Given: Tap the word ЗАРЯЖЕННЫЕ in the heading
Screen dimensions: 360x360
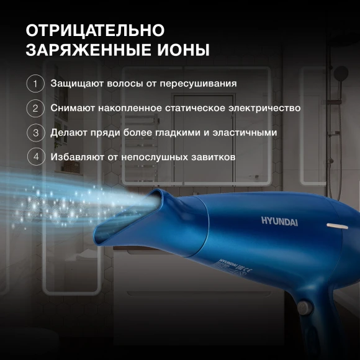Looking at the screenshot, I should click(x=86, y=50).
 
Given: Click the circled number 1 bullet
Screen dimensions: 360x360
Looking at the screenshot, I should click(x=35, y=83).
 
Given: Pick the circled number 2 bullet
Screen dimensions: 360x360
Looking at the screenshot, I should click(x=35, y=108).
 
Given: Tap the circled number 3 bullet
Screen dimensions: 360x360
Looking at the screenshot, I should click(x=35, y=132).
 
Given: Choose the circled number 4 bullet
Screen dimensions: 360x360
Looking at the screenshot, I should click(x=35, y=157).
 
